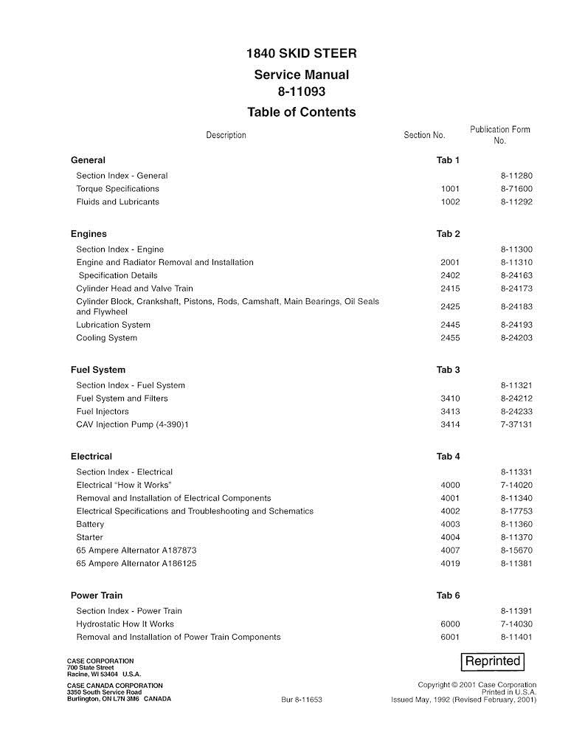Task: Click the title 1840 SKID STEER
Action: coord(301,55)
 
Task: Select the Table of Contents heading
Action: coord(301,112)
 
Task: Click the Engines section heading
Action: coord(89,234)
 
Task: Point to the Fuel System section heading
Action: coord(98,370)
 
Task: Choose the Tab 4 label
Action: coord(448,457)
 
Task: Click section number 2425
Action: coord(449,306)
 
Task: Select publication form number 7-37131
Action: coord(516,424)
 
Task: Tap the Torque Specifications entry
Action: coord(117,189)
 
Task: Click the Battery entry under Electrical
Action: coord(91,524)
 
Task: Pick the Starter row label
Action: coord(90,537)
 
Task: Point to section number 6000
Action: coord(449,624)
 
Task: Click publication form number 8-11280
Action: coord(516,176)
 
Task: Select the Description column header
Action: coord(226,135)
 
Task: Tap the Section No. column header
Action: coord(424,135)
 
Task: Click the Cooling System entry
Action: coord(106,338)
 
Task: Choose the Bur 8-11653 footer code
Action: coord(302,699)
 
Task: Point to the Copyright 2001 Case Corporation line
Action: coord(477,685)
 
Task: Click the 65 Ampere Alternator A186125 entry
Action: coord(136,564)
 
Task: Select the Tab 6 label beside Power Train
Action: coord(448,596)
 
